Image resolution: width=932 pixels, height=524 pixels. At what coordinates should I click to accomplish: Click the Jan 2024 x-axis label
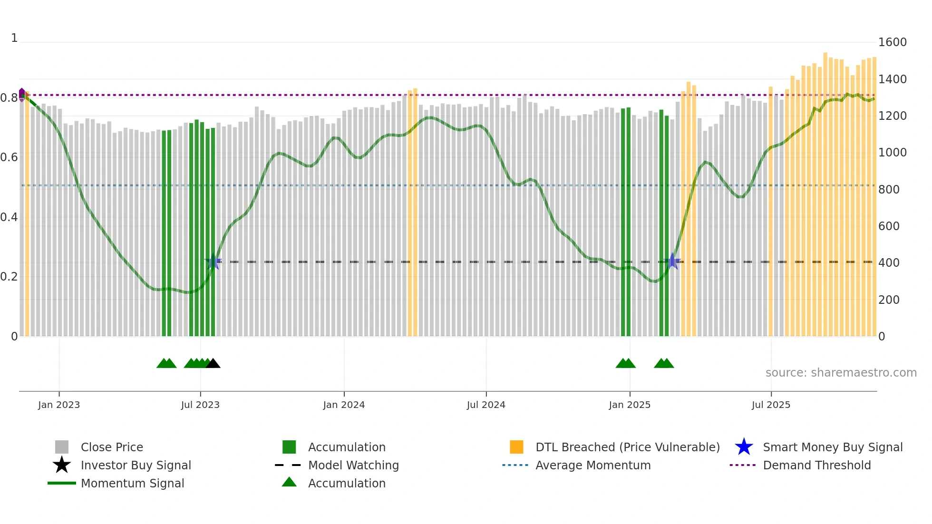tap(344, 405)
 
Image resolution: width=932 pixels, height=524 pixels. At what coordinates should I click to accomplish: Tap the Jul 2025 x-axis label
tap(771, 405)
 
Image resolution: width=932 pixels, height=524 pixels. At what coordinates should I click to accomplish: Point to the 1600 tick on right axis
tap(892, 42)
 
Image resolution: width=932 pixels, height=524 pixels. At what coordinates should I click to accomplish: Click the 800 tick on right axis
tap(888, 189)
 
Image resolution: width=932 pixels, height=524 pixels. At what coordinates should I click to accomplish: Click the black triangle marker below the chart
tap(213, 363)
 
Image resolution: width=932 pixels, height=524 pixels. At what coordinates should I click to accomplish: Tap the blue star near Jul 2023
tap(213, 262)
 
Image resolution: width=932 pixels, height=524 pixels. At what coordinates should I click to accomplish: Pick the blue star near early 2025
tap(672, 261)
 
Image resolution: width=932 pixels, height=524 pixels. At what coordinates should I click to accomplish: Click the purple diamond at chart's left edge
tap(22, 94)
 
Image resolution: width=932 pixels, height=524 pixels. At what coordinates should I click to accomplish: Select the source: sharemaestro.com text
tap(841, 373)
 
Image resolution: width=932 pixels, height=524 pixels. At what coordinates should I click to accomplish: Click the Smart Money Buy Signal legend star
tap(744, 447)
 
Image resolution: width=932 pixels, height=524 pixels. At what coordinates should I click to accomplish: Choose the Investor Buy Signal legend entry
tap(136, 465)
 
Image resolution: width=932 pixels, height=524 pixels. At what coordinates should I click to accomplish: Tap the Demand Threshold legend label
tap(816, 465)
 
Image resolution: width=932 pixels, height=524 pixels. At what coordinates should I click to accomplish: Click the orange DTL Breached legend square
tap(516, 447)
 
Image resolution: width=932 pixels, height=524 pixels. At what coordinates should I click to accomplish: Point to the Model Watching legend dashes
tap(288, 465)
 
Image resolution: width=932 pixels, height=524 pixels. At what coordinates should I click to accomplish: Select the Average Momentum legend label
tap(592, 465)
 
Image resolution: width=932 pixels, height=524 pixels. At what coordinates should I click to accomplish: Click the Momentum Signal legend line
tap(62, 483)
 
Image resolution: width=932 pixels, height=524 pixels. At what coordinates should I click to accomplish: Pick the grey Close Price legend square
tap(62, 447)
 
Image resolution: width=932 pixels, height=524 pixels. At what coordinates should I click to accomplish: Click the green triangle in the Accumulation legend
tap(289, 482)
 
